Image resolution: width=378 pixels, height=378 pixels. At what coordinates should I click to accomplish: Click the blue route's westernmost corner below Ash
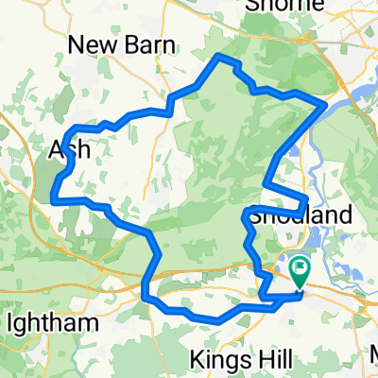[52, 198]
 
